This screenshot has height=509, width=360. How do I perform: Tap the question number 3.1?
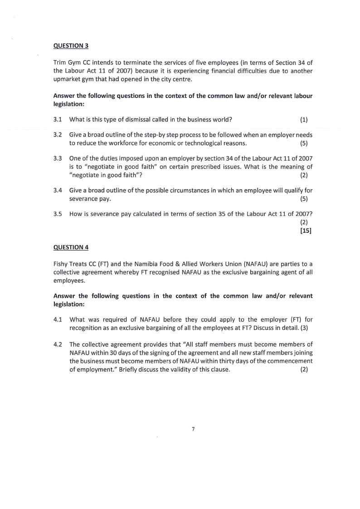(57, 120)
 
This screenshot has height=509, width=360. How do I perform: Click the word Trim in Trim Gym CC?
(60, 62)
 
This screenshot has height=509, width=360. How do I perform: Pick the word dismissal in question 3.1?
(139, 120)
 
